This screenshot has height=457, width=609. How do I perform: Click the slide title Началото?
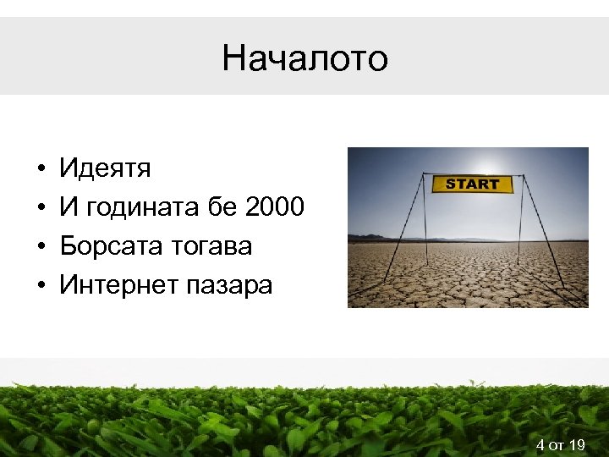(x=304, y=58)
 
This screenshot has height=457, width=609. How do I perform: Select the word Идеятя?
(x=105, y=168)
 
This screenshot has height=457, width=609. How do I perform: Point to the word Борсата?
(x=107, y=246)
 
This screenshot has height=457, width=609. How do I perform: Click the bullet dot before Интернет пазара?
(x=41, y=286)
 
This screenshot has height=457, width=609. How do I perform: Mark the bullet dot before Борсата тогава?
(x=41, y=247)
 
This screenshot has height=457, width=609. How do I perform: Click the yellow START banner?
(x=472, y=184)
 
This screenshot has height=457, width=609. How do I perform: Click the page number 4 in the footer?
(x=540, y=444)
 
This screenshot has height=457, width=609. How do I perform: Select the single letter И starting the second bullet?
(x=68, y=207)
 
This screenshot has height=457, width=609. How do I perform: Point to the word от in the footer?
(x=557, y=445)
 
